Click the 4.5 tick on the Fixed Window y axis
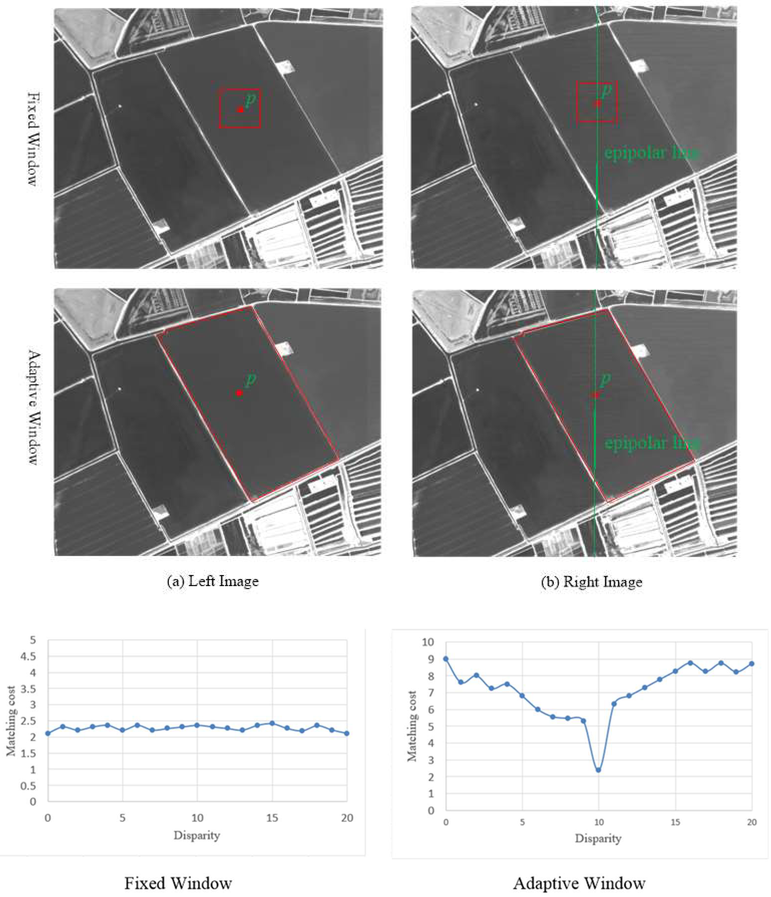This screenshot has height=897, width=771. point(29,657)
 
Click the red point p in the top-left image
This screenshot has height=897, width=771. point(240,110)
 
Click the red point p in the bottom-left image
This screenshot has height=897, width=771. point(239,393)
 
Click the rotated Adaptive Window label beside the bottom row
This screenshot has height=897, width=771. point(34,407)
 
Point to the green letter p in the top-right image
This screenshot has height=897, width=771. point(607,90)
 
